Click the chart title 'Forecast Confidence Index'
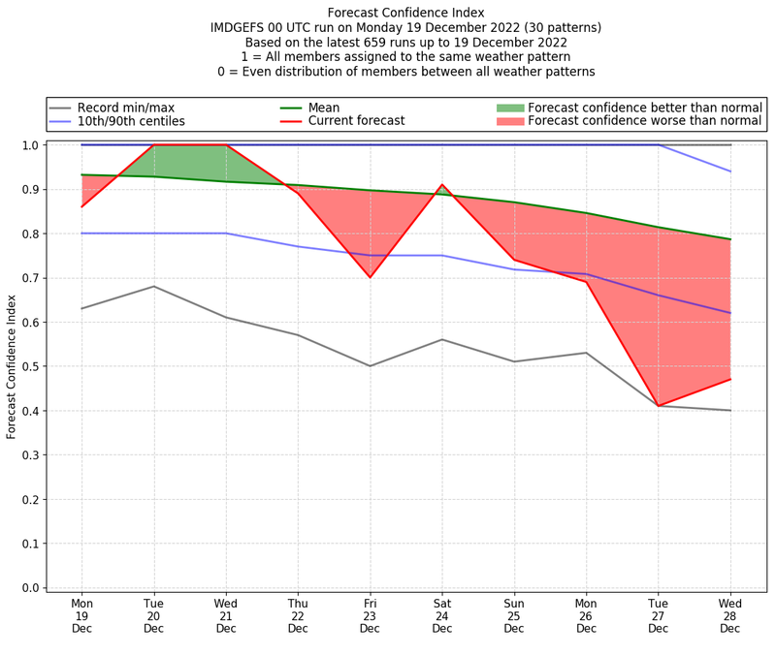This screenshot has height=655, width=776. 405,13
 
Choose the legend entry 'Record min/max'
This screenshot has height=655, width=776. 125,108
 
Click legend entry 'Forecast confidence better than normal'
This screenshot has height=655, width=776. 645,108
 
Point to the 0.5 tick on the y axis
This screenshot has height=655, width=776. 31,366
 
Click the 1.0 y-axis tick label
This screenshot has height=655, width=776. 31,145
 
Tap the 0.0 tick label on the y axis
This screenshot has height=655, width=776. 31,588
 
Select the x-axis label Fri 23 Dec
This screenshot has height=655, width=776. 370,615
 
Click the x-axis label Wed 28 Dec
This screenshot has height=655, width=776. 730,615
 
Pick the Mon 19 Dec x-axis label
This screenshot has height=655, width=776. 81,615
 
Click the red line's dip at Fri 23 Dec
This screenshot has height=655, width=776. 370,277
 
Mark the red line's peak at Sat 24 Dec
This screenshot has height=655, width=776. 442,185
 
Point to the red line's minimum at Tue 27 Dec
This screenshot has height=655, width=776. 659,406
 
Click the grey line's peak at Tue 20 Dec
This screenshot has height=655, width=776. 154,286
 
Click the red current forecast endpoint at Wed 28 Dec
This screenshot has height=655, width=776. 730,379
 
